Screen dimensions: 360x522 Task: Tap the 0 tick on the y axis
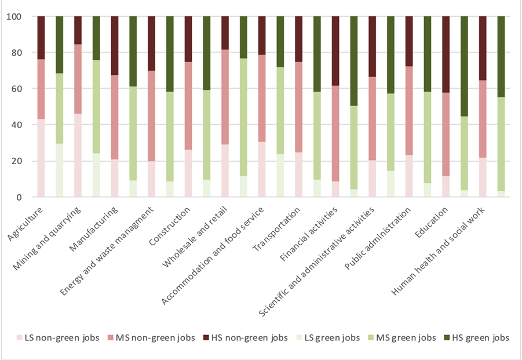(x=19, y=197)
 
